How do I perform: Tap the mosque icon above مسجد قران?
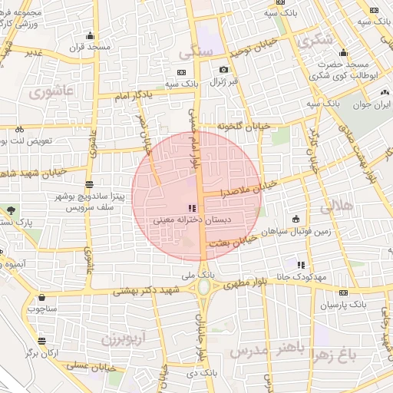point(90,35)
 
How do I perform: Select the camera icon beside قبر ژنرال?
point(223,69)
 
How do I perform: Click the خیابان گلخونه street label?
point(244,125)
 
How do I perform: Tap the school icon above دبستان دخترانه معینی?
point(190,207)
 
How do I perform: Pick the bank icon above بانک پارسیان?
point(342,292)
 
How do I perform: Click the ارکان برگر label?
point(41,352)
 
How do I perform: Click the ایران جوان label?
point(373,106)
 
